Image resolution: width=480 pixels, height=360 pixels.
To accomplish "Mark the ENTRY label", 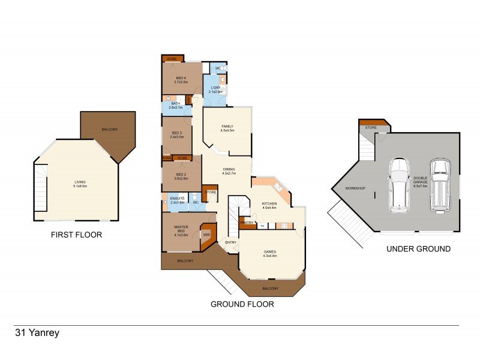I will pos(230,242).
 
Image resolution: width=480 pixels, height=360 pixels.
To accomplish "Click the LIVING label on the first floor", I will pos(80,184).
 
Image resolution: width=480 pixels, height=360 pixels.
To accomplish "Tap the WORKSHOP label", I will pos(355,189).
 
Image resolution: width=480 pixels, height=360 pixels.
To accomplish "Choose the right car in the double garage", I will pos(440,184).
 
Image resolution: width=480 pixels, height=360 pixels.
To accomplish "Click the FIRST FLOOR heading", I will pos(76,235).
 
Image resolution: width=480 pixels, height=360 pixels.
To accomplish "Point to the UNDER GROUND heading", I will pos(418,249).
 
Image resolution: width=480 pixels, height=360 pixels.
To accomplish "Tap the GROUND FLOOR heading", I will pos(242,304).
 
